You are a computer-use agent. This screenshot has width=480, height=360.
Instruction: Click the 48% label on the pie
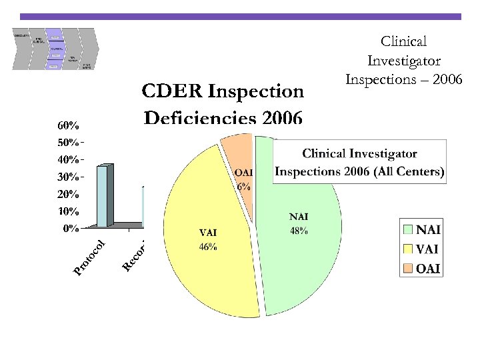click(x=298, y=231)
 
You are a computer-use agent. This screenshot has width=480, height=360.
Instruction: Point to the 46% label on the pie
click(x=208, y=247)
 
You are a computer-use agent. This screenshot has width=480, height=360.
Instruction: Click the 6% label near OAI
click(x=244, y=187)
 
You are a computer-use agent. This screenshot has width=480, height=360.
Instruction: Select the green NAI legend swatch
click(x=408, y=231)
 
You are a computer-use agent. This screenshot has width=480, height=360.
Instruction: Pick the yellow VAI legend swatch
click(x=408, y=249)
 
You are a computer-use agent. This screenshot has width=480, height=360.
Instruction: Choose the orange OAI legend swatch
click(x=408, y=268)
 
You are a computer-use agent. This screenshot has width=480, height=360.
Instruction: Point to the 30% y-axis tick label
click(x=69, y=177)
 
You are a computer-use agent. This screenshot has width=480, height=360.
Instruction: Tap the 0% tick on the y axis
click(x=71, y=229)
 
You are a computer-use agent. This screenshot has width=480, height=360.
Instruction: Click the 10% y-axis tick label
click(x=69, y=211)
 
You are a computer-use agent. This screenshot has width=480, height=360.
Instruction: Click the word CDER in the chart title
click(x=171, y=90)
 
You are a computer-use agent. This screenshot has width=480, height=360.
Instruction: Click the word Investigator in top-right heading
click(x=403, y=60)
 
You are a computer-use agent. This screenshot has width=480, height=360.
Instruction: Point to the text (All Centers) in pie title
click(x=407, y=171)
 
